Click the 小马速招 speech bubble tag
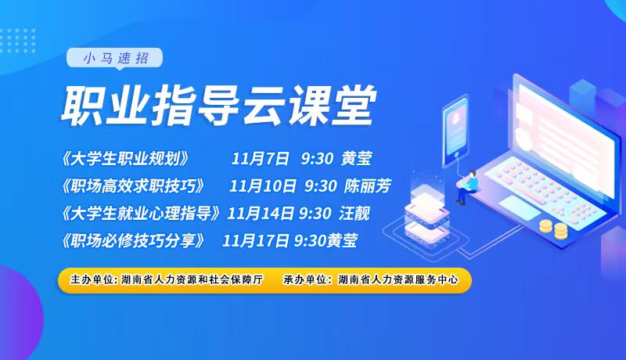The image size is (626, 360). [114, 59]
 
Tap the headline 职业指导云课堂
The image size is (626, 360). [218, 106]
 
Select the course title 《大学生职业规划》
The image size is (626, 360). [124, 158]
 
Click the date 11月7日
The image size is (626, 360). [260, 158]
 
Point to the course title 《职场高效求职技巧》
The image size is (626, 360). [132, 186]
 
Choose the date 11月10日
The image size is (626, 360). [263, 186]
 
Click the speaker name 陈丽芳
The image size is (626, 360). [367, 186]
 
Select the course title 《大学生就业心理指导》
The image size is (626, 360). [140, 213]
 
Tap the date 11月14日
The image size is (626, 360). [261, 213]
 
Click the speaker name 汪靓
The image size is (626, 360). [354, 213]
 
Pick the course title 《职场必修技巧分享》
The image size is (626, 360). [132, 240]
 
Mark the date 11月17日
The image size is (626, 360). [256, 240]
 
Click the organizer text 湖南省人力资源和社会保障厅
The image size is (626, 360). [192, 279]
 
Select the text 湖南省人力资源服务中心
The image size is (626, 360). [398, 279]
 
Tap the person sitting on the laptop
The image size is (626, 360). [467, 187]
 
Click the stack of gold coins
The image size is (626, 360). [553, 229]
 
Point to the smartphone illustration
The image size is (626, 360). [455, 131]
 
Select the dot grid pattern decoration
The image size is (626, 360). [17, 41]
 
